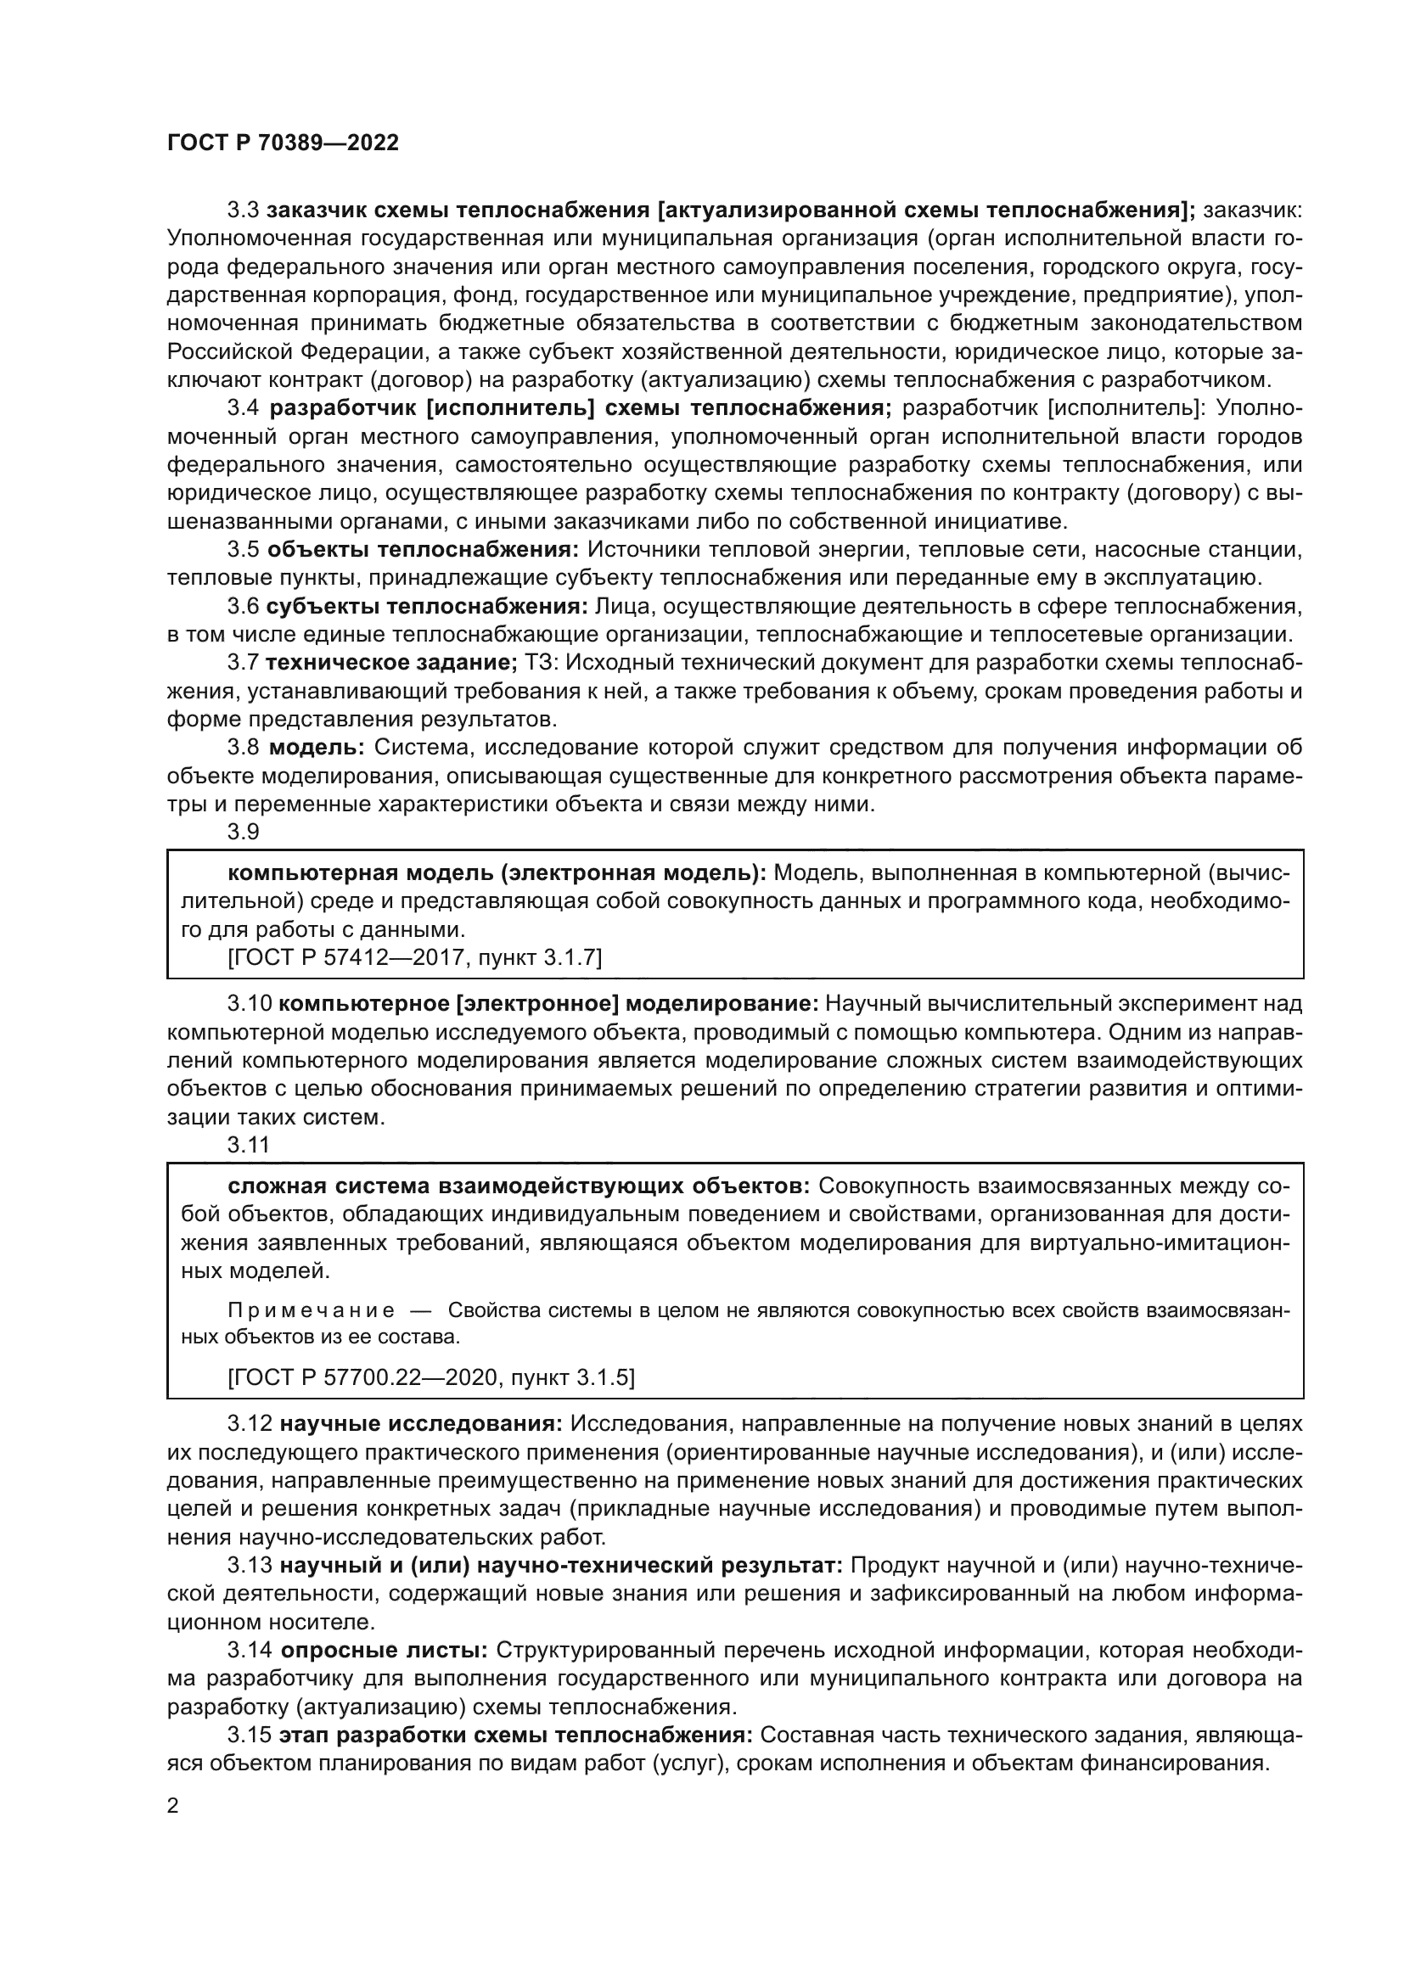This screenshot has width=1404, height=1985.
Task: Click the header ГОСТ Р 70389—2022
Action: (283, 143)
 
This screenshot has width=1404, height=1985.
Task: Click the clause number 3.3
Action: (243, 210)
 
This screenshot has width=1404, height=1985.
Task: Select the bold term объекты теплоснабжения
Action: (422, 550)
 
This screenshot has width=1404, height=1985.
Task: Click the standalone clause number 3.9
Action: (243, 833)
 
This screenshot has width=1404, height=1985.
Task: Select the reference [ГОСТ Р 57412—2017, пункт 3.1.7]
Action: (414, 958)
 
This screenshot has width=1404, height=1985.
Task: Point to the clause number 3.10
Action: (248, 1004)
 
